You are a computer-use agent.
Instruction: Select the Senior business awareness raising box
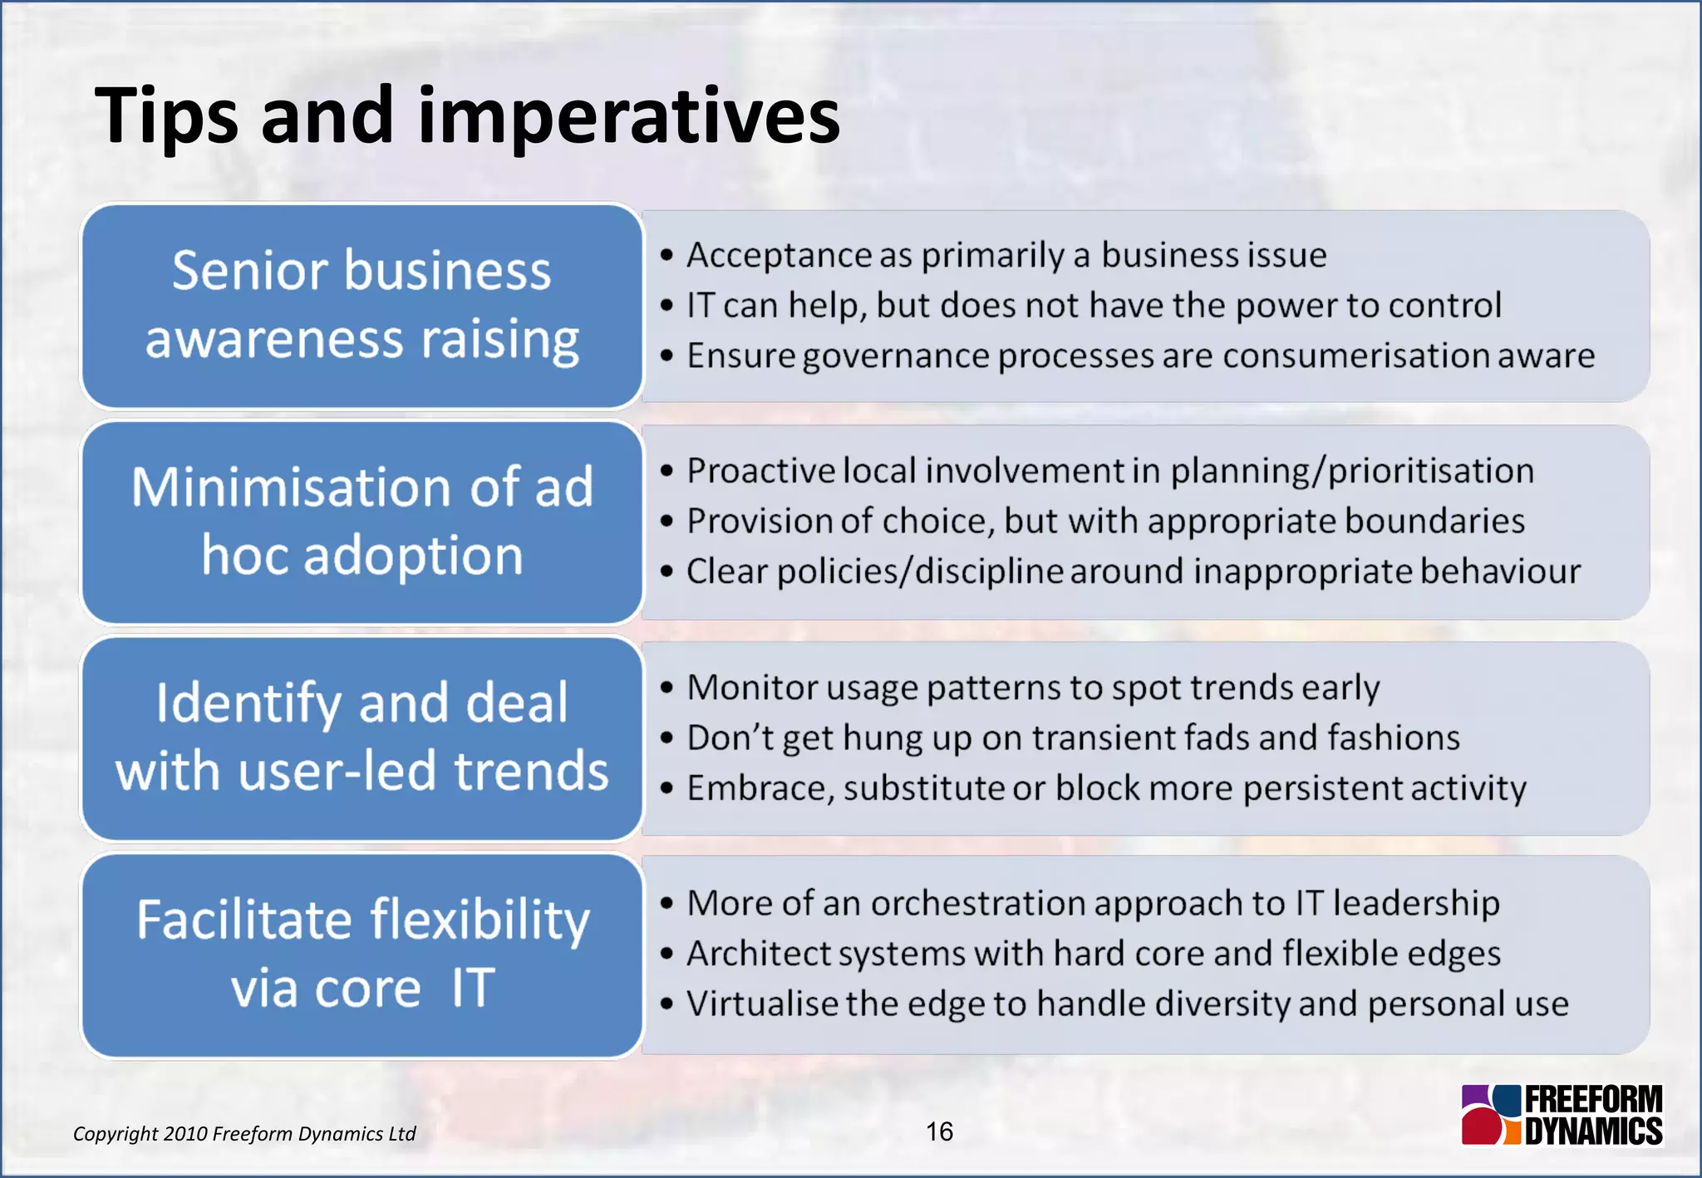click(362, 306)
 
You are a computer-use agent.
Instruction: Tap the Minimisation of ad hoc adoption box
click(362, 522)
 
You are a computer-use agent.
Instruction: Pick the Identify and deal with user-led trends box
click(362, 738)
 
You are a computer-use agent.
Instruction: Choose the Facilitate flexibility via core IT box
click(362, 955)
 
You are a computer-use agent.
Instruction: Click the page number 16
click(939, 1131)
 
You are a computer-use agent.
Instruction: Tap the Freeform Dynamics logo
click(1562, 1115)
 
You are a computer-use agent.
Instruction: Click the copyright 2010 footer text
click(244, 1134)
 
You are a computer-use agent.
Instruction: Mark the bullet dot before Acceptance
click(667, 256)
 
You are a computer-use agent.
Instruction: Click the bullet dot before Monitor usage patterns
click(667, 688)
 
